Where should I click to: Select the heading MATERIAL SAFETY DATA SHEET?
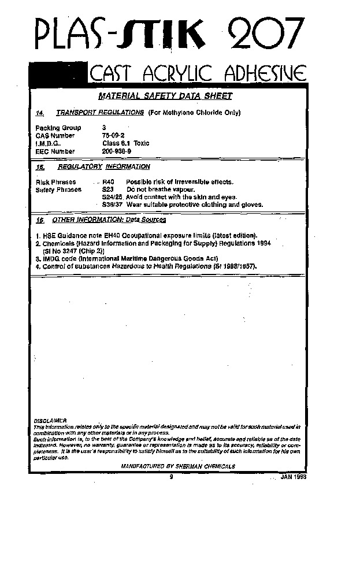tap(165, 96)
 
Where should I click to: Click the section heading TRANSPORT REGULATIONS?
tap(100, 112)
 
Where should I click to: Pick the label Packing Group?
tap(58, 128)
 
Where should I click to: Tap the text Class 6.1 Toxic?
tap(126, 143)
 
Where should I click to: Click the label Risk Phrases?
tap(56, 182)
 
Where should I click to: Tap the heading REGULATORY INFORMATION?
tap(104, 166)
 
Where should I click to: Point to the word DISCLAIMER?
tap(50, 421)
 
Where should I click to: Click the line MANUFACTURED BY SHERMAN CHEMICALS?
tap(178, 466)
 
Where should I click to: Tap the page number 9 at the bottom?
tap(172, 477)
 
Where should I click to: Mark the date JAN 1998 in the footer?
tap(293, 477)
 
